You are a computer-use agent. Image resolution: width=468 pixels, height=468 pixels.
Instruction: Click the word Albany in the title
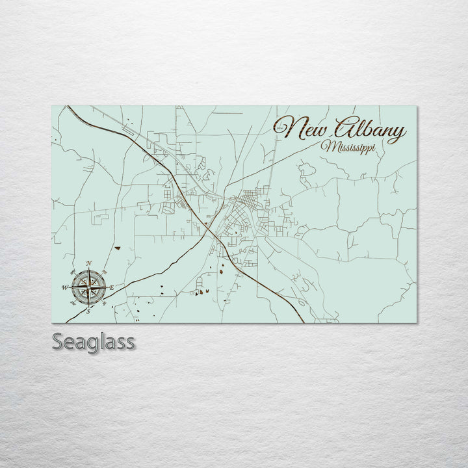click(369, 130)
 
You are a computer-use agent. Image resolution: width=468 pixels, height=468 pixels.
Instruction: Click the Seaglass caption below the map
click(93, 341)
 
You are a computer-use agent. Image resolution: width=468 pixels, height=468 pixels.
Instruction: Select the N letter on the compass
click(88, 263)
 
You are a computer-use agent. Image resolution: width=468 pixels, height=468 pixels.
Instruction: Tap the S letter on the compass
click(88, 311)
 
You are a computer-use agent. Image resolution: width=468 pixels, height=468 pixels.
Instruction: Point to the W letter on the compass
click(64, 287)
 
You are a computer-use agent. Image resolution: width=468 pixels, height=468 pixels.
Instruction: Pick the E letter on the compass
click(111, 287)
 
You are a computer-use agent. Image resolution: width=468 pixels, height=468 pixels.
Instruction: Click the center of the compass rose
click(88, 287)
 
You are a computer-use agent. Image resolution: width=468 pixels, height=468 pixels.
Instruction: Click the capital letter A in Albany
click(344, 128)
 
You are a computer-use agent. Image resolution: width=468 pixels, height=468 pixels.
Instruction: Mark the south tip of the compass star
click(88, 305)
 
